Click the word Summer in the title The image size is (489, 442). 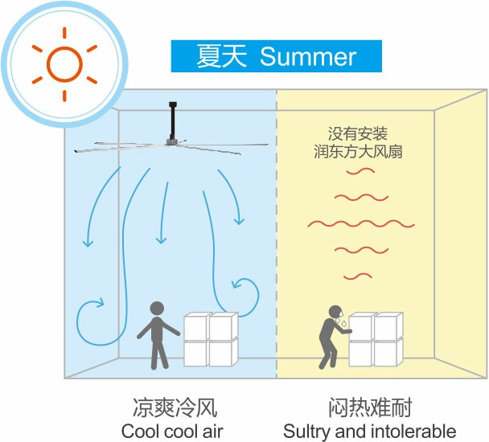[308, 57]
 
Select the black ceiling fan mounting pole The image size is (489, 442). [172, 121]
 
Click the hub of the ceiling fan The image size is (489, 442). [171, 142]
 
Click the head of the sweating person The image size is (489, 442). [334, 312]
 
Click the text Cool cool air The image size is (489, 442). [172, 430]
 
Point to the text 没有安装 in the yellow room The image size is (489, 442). [358, 133]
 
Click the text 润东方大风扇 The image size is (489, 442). [358, 150]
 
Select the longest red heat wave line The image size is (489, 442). [361, 223]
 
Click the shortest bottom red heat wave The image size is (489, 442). [357, 276]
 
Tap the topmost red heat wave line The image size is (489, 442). [357, 171]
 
